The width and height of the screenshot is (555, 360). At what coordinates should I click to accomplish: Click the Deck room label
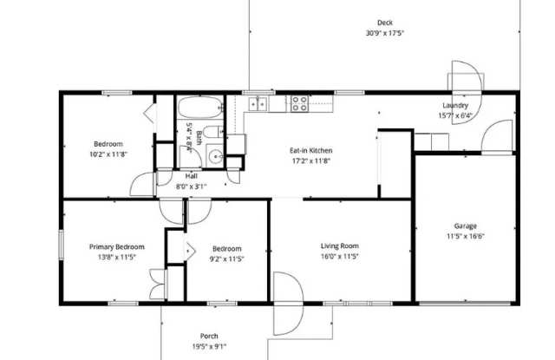coord(385,23)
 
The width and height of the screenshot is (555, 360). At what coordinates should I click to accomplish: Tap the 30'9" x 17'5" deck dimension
coord(385,33)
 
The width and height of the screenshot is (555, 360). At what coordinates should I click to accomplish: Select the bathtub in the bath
coord(200,108)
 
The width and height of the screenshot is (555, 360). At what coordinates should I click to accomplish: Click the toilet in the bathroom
coord(213,132)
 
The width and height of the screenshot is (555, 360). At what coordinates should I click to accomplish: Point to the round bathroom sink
coord(215,156)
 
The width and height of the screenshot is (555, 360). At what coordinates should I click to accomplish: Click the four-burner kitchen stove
coord(299,103)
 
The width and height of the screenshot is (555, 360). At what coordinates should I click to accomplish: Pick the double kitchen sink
coord(258,104)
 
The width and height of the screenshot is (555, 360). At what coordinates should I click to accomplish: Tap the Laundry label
coord(455,106)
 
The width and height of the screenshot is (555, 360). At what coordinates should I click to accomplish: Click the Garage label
coord(465,226)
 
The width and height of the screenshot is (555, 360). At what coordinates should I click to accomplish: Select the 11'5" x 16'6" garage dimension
coord(465,236)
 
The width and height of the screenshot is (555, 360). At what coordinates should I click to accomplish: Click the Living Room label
coord(340,245)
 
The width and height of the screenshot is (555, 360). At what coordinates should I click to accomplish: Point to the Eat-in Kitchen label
coord(310,150)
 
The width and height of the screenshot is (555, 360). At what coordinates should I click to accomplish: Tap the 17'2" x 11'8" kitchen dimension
coord(310,161)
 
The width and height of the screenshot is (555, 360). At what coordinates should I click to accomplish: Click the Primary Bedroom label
coord(117,246)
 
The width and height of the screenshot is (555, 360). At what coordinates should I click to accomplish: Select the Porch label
coord(209,336)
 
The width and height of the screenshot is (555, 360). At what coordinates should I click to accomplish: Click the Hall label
coord(191,176)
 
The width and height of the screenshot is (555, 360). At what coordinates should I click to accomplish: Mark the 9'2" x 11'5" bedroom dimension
coord(227,259)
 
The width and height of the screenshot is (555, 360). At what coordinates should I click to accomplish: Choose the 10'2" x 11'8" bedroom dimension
coord(108,154)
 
